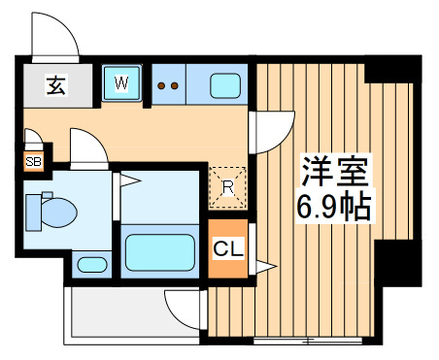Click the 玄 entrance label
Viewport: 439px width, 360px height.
tap(56, 85)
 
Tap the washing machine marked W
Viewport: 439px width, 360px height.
tap(121, 82)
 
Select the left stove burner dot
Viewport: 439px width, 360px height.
tap(161, 85)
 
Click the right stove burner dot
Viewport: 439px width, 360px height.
tap(174, 85)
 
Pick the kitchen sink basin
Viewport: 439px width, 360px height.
tap(225, 85)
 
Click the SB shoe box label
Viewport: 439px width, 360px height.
tap(34, 161)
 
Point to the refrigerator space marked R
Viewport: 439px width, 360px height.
tap(228, 187)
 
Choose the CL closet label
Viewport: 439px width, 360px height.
tap(228, 248)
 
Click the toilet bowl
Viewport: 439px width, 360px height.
tap(59, 213)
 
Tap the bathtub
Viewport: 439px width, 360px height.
tap(160, 252)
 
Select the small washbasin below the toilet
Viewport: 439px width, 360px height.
tap(92, 265)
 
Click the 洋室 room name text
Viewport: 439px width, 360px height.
tap(335, 172)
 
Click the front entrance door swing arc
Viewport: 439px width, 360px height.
tap(69, 26)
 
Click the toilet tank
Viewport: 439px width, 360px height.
tap(34, 213)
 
